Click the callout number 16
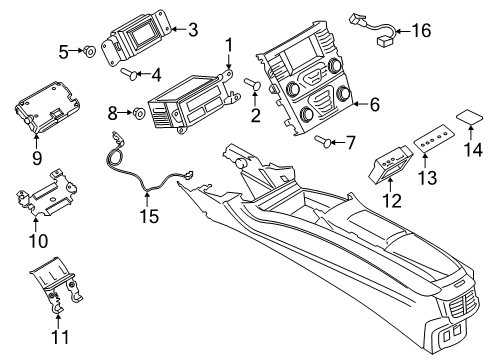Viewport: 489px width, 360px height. tap(421, 31)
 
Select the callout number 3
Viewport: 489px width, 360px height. tap(193, 30)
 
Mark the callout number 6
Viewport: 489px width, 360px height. tap(374, 103)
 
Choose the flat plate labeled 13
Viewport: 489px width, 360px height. tap(431, 145)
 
